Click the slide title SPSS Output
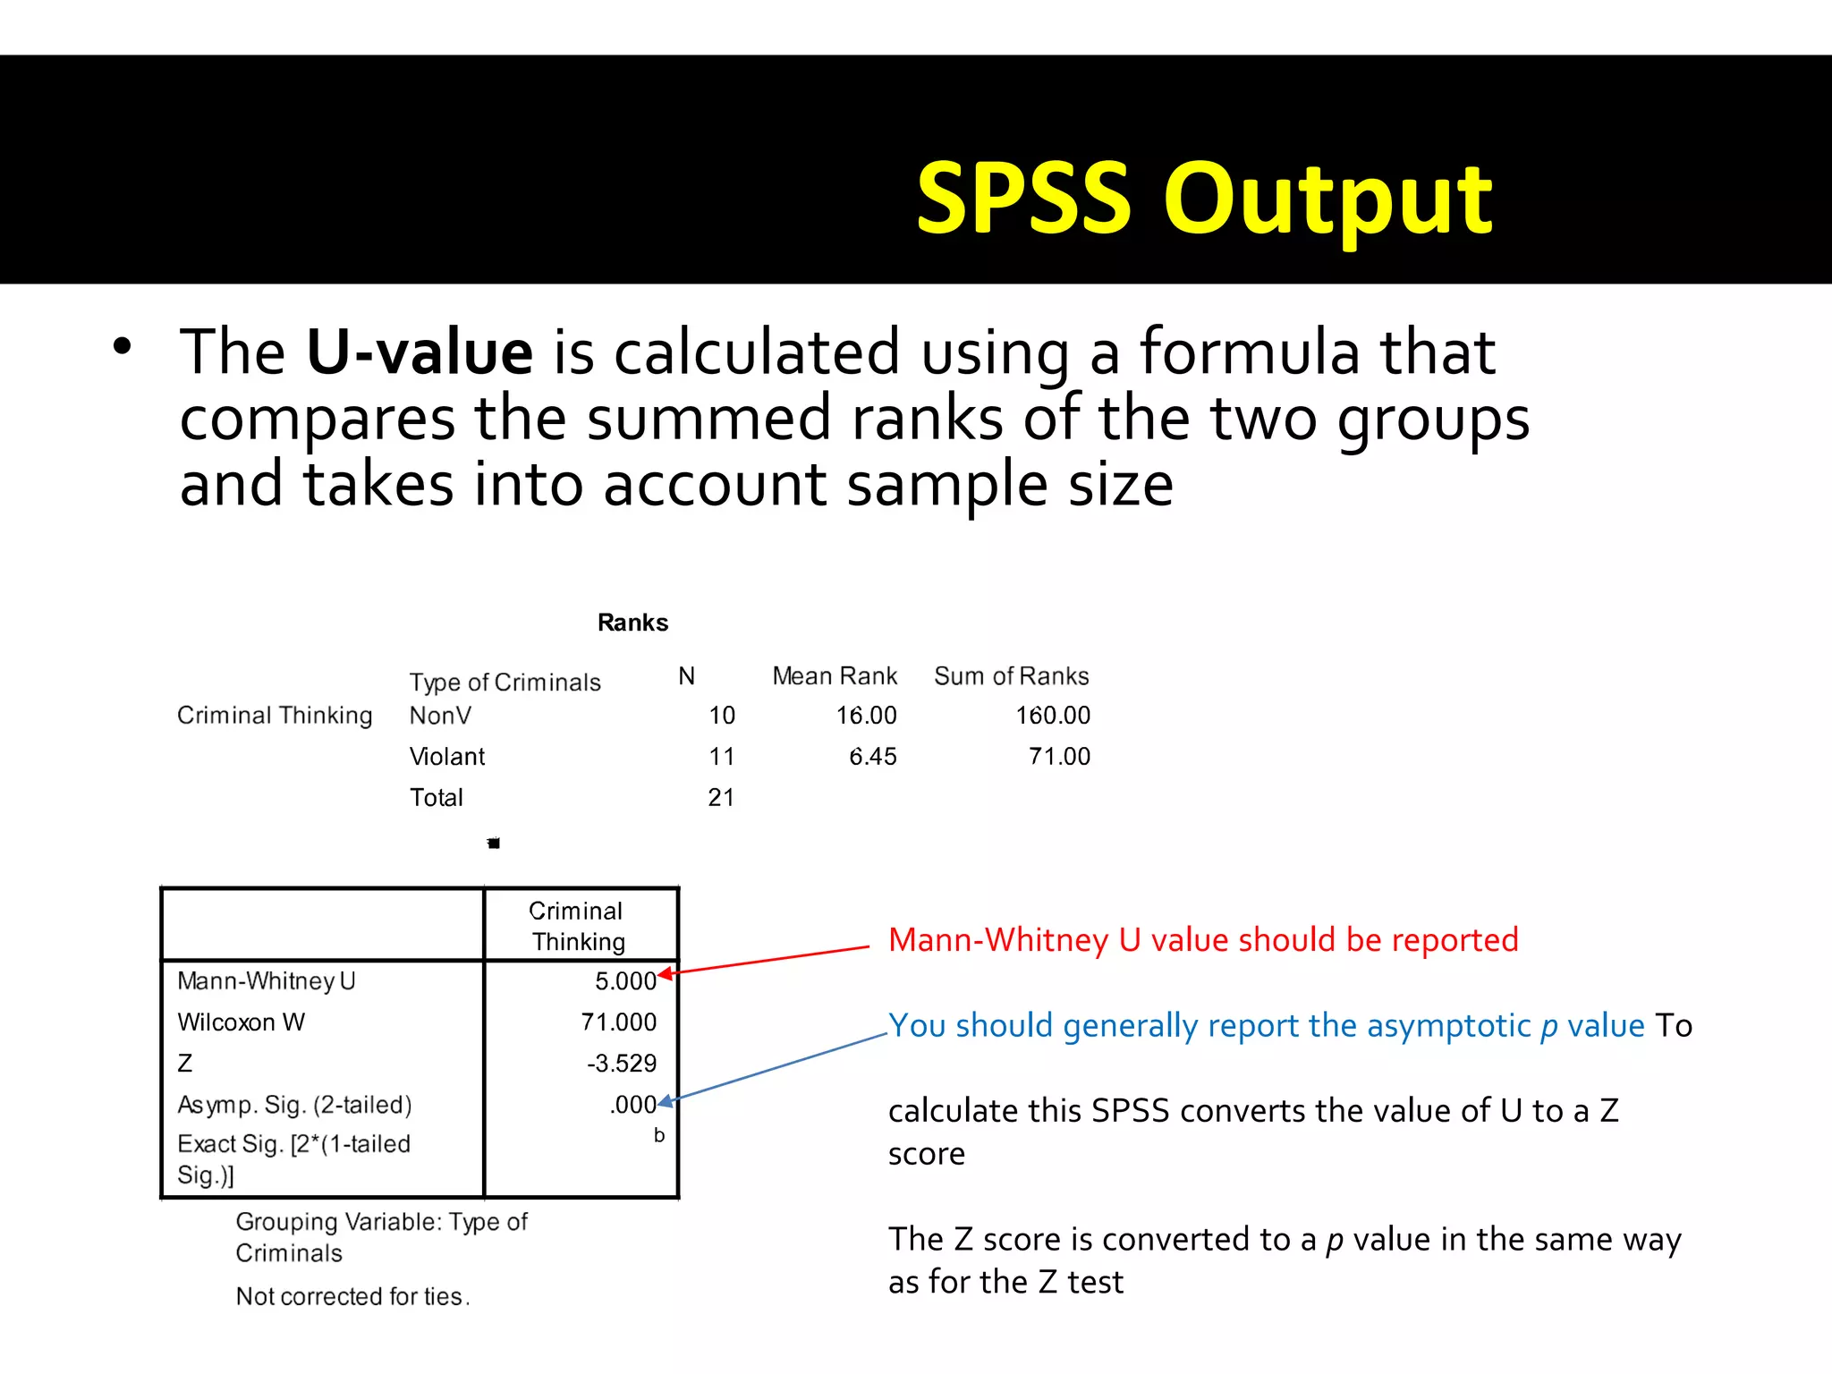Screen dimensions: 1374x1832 (1203, 199)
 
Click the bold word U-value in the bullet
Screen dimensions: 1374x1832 (420, 352)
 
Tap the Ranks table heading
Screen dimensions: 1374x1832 (632, 623)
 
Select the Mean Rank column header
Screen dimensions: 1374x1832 (834, 676)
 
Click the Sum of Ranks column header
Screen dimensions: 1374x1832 (1011, 676)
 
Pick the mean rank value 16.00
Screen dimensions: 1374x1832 (866, 716)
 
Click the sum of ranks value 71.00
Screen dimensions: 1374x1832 (1059, 757)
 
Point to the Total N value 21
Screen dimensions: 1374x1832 (721, 798)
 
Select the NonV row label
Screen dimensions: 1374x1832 (440, 716)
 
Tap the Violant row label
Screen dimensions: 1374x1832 (446, 757)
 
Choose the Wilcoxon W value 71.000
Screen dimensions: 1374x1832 (618, 1022)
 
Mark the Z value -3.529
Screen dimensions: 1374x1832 (622, 1064)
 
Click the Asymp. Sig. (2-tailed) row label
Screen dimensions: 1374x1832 (294, 1105)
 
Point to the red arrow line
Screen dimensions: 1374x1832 (769, 960)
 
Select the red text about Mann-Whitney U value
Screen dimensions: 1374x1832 (1202, 940)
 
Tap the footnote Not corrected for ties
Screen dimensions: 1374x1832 (352, 1296)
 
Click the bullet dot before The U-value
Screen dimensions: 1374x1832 (123, 347)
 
